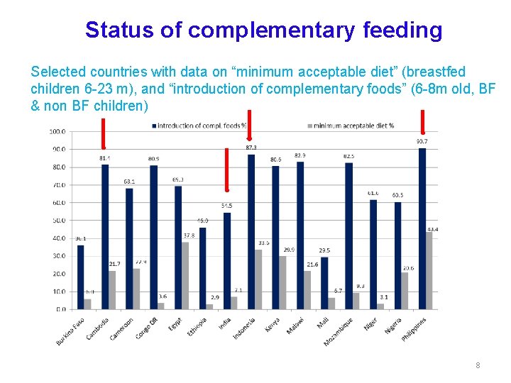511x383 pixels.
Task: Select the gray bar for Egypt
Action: point(185,276)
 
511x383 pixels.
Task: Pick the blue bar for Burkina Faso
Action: point(80,277)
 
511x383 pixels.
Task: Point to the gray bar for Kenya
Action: point(282,283)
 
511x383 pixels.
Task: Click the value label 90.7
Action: point(422,142)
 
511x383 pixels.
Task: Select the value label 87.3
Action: point(251,148)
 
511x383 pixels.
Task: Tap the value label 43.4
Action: point(432,229)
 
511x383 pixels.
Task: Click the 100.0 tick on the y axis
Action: point(57,132)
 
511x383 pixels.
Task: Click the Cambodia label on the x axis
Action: point(97,331)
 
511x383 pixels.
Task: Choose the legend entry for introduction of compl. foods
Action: point(202,126)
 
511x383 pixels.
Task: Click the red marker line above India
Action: point(226,170)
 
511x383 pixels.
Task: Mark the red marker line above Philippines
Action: point(423,121)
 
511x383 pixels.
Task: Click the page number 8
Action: point(478,365)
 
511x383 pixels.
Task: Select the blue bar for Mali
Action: point(324,283)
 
